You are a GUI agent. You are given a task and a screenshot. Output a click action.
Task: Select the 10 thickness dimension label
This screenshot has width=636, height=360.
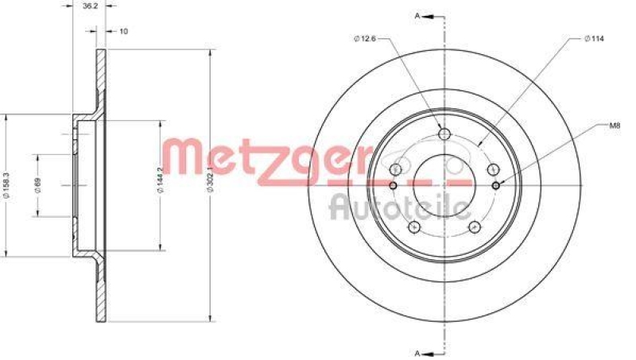(x=123, y=32)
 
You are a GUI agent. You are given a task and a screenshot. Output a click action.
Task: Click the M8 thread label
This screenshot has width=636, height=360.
(x=615, y=125)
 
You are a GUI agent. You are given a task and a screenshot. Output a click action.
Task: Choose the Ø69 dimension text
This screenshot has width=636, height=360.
(x=37, y=185)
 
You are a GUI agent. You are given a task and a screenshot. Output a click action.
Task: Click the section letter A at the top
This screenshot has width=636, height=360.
(x=416, y=14)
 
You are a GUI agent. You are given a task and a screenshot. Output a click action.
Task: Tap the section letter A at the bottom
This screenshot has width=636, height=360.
(x=416, y=352)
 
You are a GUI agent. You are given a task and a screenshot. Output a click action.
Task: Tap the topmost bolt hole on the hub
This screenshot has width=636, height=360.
(x=444, y=133)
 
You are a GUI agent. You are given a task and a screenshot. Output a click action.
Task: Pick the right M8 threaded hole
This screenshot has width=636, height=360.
(x=496, y=185)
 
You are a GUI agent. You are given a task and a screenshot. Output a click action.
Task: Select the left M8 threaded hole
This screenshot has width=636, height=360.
(x=393, y=185)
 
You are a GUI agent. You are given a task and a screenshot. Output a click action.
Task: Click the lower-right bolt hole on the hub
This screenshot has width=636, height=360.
(x=475, y=226)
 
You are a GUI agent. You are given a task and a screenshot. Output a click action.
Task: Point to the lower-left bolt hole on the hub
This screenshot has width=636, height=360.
(x=413, y=226)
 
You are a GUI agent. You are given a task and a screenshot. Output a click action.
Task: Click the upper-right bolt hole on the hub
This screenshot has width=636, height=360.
(x=493, y=168)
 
